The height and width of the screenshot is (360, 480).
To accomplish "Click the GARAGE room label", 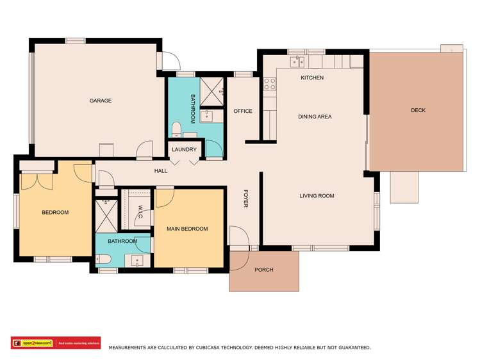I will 101,101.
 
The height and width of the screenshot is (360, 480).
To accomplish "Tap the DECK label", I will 418,110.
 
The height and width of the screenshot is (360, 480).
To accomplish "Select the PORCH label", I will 264,270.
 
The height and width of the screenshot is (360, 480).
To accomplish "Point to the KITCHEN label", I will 312,78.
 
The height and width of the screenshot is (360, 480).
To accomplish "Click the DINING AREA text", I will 315,117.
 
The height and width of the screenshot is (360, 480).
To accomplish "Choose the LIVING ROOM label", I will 317,196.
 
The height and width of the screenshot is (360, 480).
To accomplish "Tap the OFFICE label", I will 243,111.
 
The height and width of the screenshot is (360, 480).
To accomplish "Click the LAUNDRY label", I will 184,150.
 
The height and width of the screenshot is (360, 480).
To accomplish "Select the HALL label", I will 161,171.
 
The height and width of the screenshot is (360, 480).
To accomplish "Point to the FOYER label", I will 245,199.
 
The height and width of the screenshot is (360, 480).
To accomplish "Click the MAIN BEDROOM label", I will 187,229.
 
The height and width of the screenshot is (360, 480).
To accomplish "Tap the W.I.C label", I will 140,211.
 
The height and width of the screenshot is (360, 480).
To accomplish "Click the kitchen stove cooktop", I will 270,85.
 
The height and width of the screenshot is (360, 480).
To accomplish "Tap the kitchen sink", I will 297,62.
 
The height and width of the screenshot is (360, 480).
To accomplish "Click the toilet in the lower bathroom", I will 104,259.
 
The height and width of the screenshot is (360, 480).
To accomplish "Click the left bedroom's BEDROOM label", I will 55,212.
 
